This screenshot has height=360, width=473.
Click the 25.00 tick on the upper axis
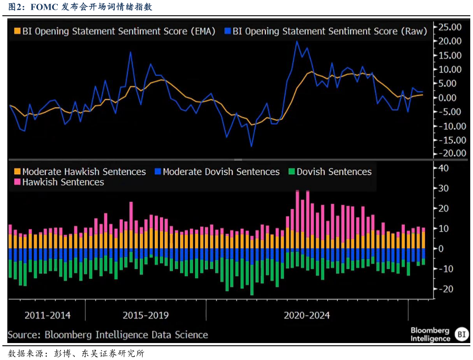click(450, 27)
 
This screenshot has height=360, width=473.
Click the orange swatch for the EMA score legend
click(17, 31)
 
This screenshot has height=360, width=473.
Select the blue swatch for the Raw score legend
click(228, 31)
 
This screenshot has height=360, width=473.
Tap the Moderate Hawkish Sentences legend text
click(84, 172)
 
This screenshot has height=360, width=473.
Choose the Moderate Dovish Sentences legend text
click(221, 172)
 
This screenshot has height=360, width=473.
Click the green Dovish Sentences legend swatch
click(291, 172)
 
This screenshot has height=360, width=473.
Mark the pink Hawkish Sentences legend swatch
click(17, 183)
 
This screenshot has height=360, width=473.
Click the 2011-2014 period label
click(48, 316)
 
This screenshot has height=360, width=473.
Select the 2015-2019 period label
click(146, 316)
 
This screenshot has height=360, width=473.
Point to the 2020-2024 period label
click(307, 316)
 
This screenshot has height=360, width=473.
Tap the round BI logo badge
click(461, 334)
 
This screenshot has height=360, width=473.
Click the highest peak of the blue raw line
click(297, 41)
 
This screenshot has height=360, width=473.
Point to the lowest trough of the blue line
click(251, 146)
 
